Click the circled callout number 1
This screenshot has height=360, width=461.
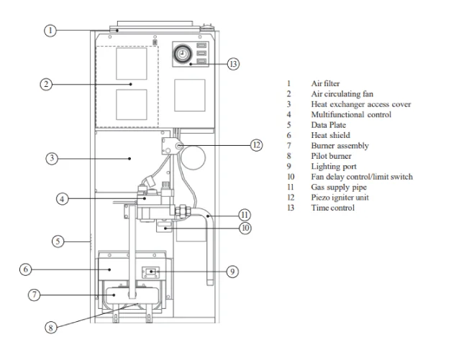[50, 31]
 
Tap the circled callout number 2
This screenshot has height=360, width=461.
[45, 84]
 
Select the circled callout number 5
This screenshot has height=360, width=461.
[58, 241]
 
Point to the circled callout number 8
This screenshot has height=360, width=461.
[50, 327]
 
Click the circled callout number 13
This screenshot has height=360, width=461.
[232, 64]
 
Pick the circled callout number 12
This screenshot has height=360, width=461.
[257, 144]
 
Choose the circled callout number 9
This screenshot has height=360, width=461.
[232, 272]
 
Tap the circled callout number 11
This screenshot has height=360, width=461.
[245, 214]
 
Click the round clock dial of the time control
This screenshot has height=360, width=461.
[182, 54]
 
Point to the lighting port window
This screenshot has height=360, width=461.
[151, 272]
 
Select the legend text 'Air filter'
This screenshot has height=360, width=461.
[325, 84]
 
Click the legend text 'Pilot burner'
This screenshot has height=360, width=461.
[329, 156]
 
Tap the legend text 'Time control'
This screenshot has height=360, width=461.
[332, 208]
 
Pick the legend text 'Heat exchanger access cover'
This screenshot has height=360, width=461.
[361, 104]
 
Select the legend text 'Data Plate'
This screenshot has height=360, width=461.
[328, 125]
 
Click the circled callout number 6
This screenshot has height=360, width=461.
[25, 269]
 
